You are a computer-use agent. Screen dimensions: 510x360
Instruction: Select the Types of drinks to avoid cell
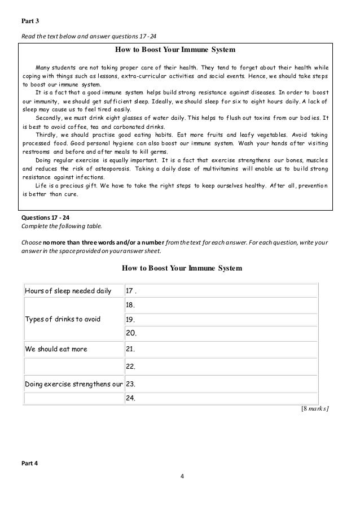click(x=62, y=319)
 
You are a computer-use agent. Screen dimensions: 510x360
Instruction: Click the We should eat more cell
click(x=56, y=349)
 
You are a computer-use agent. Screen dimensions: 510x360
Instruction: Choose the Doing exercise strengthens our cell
click(x=73, y=384)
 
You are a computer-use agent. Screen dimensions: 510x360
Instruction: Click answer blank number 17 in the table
click(x=220, y=291)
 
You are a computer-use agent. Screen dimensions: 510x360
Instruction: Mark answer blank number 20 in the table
click(x=220, y=333)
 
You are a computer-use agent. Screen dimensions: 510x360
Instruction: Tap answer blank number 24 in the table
click(x=220, y=398)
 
